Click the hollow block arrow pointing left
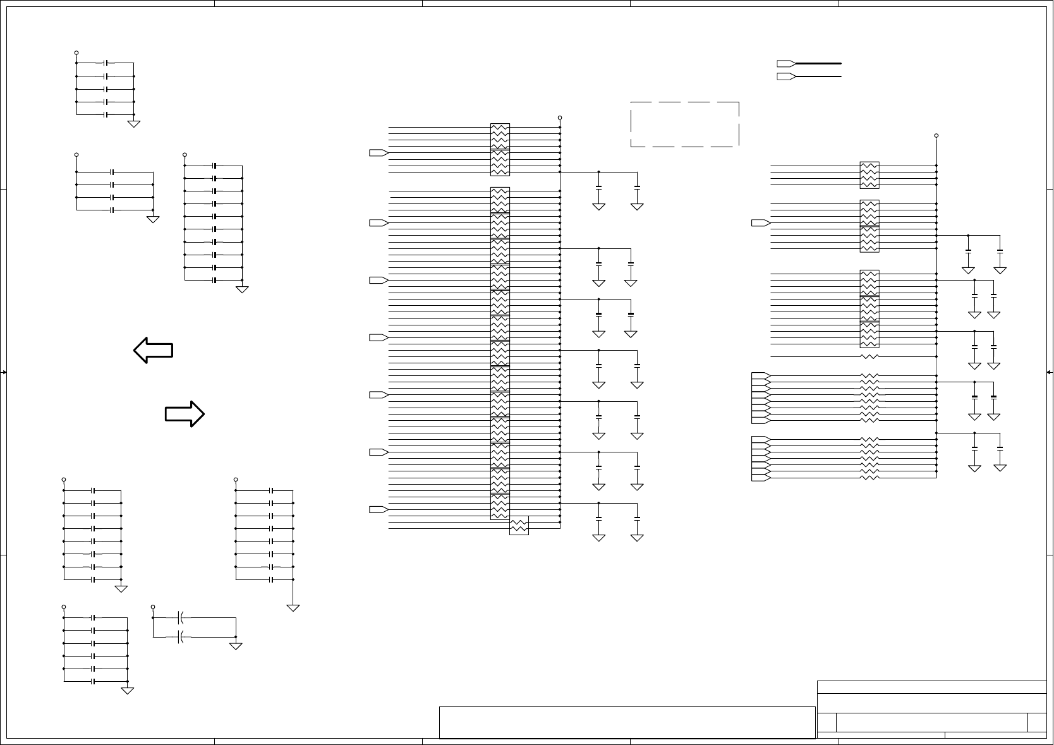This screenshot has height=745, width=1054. tap(153, 349)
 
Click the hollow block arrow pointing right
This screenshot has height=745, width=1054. tap(185, 413)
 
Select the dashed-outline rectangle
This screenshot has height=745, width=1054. tap(685, 124)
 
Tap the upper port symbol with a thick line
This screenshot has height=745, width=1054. tap(785, 63)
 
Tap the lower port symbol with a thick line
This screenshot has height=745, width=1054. tap(785, 76)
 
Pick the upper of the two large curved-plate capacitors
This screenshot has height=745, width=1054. tap(181, 617)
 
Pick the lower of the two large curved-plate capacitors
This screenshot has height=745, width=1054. tap(181, 636)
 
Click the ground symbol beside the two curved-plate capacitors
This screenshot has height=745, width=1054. tap(236, 646)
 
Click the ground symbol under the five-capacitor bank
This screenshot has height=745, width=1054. tap(134, 124)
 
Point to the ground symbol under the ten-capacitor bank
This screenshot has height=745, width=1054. tap(242, 289)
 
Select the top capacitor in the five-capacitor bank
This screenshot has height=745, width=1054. tap(106, 63)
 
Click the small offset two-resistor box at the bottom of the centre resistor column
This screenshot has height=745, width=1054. tap(519, 525)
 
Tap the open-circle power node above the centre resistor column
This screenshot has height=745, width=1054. tap(560, 118)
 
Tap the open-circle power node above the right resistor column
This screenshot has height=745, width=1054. tap(936, 135)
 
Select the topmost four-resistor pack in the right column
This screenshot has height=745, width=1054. tap(869, 175)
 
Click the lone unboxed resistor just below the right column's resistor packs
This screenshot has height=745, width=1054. tap(869, 356)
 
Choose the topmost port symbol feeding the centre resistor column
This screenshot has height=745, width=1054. tap(378, 153)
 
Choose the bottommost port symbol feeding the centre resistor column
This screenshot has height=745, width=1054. tap(378, 509)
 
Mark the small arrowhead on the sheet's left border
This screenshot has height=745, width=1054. tap(4, 372)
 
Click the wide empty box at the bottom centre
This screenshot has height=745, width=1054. tap(626, 722)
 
